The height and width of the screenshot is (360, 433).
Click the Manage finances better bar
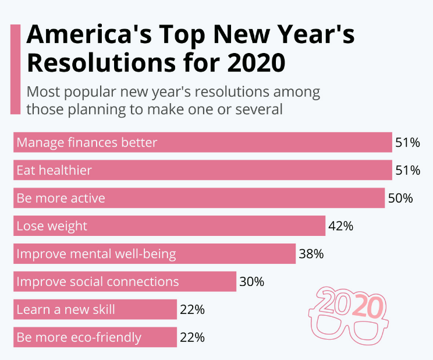pyautogui.click(x=203, y=142)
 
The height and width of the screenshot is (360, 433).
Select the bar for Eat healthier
pyautogui.click(x=203, y=170)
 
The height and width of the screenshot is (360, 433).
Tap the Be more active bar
pyautogui.click(x=199, y=198)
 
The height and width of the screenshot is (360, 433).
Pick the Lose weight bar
pyautogui.click(x=169, y=226)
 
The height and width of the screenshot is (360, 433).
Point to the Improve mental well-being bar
pyautogui.click(x=154, y=254)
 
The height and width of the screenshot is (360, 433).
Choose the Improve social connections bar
pyautogui.click(x=125, y=282)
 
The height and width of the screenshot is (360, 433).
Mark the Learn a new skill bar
pyautogui.click(x=95, y=309)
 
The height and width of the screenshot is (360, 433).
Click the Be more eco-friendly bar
pyautogui.click(x=95, y=337)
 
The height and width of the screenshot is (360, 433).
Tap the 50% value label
pyautogui.click(x=400, y=198)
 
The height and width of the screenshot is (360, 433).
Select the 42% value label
pyautogui.click(x=340, y=226)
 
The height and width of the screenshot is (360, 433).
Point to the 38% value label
pyautogui.click(x=311, y=254)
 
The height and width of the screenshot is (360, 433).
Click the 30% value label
pyautogui.click(x=251, y=282)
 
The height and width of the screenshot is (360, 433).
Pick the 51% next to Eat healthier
pyautogui.click(x=407, y=170)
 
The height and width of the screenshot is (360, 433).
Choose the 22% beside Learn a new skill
pyautogui.click(x=192, y=309)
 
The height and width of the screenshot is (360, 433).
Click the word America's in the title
pyautogui.click(x=88, y=36)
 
